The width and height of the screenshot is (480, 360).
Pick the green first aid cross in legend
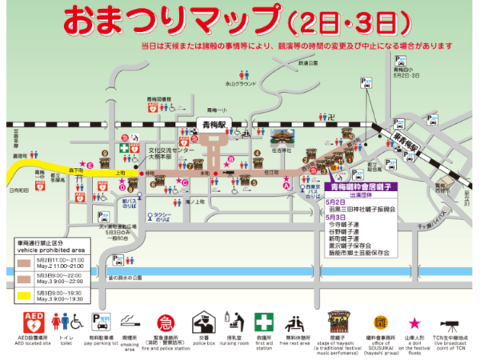[x=263, y=322]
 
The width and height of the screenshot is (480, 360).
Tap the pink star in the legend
[x=414, y=322]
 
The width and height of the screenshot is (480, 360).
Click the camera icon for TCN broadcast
[x=450, y=323]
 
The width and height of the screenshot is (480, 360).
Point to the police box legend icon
[x=199, y=322]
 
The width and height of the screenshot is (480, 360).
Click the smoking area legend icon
[x=131, y=323]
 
